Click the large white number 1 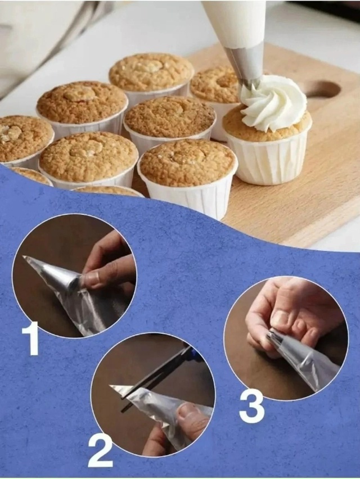pos(31,338)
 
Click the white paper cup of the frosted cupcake pos(269,160)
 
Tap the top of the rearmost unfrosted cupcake pos(151,71)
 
